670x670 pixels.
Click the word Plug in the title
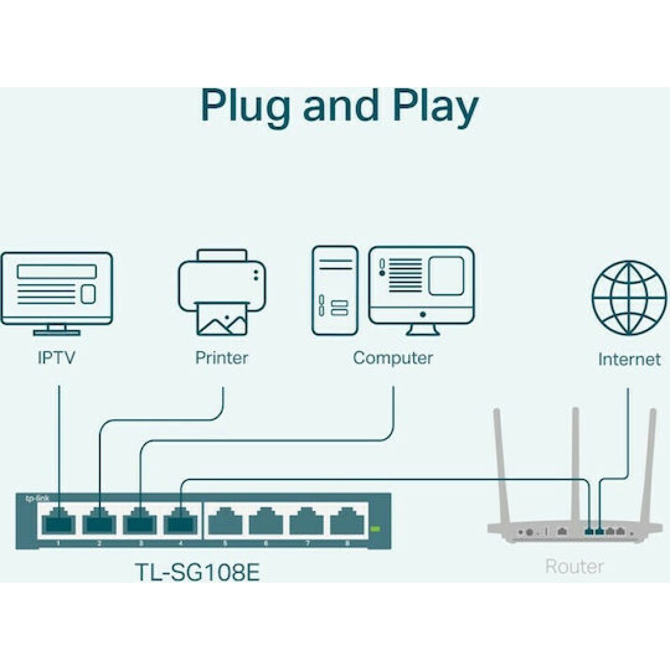[x=246, y=106]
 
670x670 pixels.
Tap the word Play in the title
[x=435, y=106]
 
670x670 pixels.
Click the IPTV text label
[x=56, y=357]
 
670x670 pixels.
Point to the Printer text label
[x=222, y=357]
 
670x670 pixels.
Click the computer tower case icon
[x=335, y=290]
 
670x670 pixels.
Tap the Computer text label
[x=393, y=357]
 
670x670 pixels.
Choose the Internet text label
[x=629, y=359]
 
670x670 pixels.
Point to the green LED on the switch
[x=375, y=528]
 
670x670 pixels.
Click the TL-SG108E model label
[x=197, y=572]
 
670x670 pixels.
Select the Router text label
[x=574, y=566]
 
